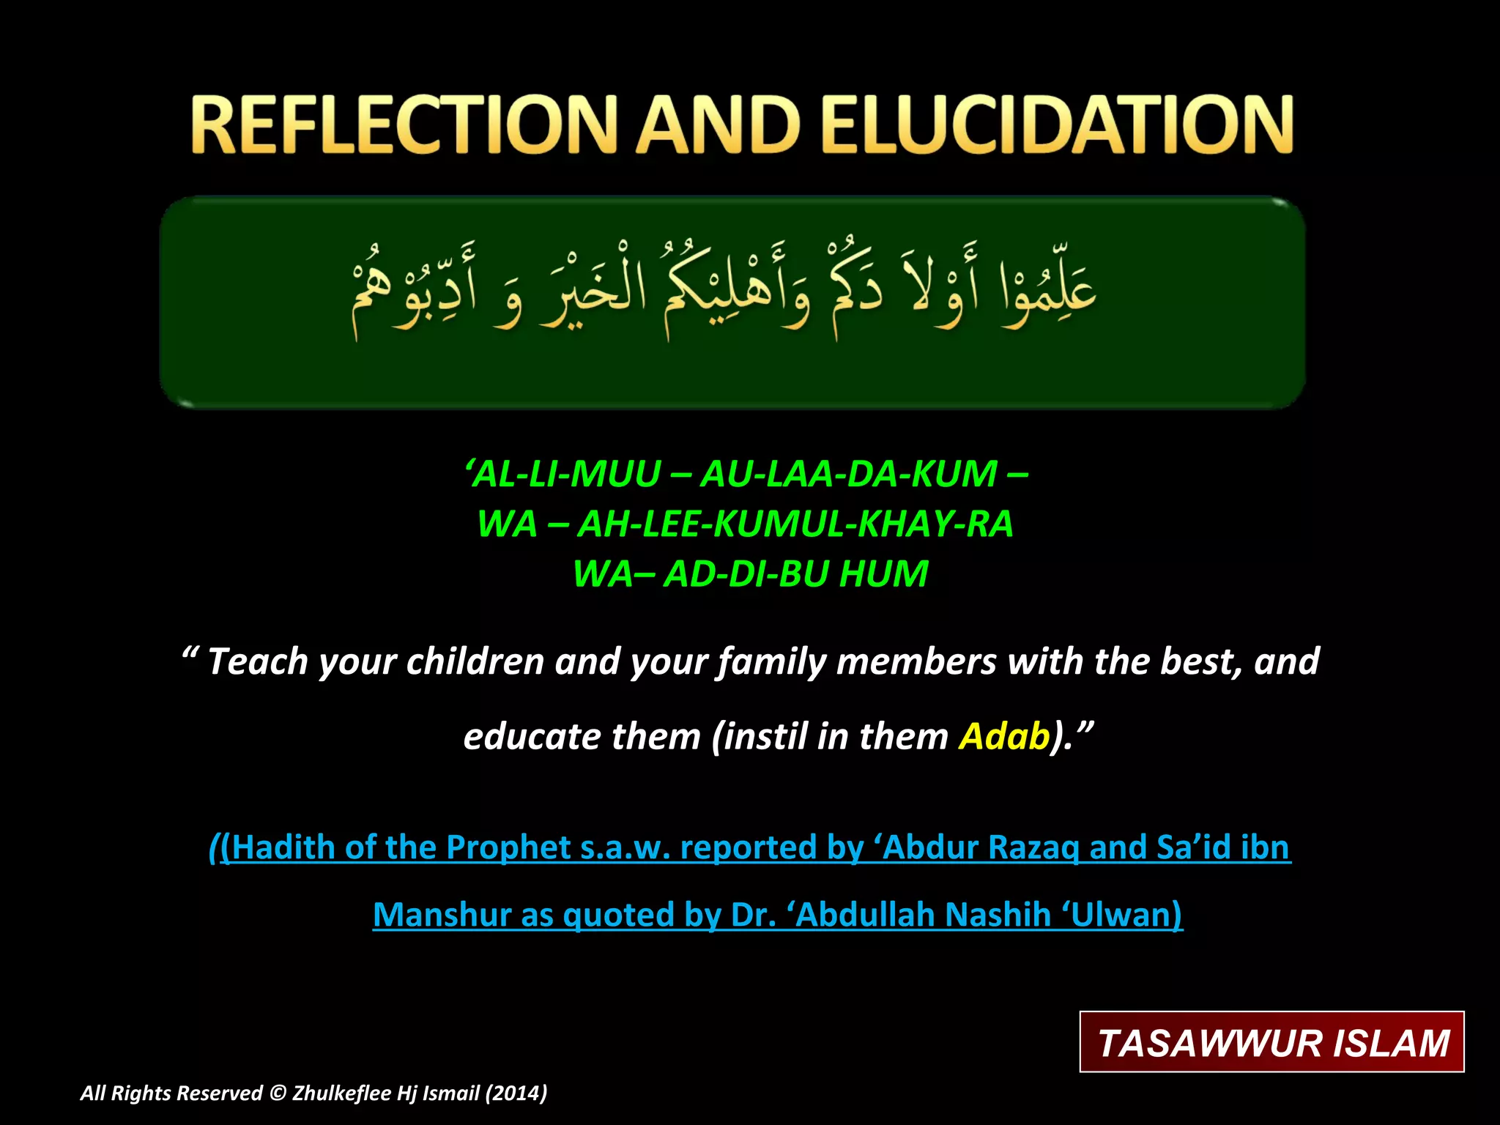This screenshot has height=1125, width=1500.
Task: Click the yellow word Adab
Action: pos(1005,736)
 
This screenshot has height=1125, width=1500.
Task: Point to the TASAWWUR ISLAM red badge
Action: pos(1272,1042)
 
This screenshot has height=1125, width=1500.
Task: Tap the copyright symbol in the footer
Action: pos(278,1093)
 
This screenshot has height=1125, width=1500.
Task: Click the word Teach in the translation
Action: pos(258,661)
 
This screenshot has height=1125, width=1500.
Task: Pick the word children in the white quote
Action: pos(475,661)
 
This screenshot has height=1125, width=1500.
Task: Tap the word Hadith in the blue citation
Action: pos(282,847)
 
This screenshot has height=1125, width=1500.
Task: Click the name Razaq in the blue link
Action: pos(1033,847)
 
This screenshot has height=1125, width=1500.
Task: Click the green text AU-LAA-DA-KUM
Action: pos(849,474)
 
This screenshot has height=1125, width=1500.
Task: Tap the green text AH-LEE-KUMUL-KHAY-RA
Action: pos(795,524)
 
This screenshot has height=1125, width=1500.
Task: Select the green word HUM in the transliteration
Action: pos(884,573)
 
